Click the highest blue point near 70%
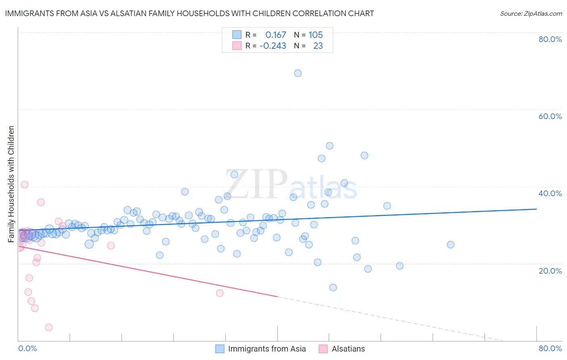tap(298, 73)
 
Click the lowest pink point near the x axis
tap(49, 327)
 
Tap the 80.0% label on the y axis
tap(550, 39)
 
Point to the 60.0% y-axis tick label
tap(550, 116)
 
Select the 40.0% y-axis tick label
tap(550, 193)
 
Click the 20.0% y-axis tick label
tap(550, 271)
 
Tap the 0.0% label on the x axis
tap(27, 348)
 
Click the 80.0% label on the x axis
tap(550, 348)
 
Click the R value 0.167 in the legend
tap(275, 35)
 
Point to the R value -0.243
tap(273, 46)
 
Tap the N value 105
tap(316, 35)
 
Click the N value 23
tap(318, 46)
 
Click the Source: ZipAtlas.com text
tap(531, 14)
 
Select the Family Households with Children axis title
tap(11, 184)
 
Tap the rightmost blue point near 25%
tap(450, 245)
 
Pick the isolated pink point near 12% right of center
tap(220, 293)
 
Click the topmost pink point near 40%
tap(25, 184)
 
